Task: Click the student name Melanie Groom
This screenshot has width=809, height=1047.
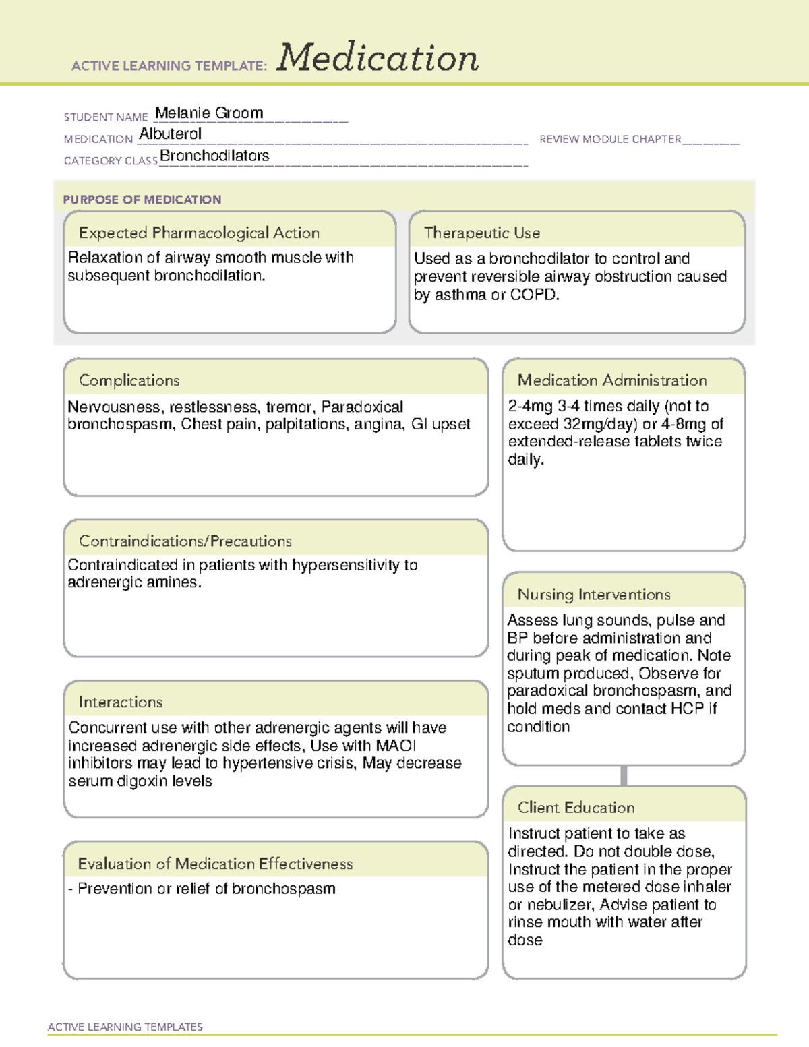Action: pyautogui.click(x=209, y=113)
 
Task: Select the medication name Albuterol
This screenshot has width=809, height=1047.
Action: pyautogui.click(x=170, y=134)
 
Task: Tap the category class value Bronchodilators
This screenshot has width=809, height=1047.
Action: pyautogui.click(x=214, y=156)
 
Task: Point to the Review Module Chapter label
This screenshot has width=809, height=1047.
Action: pyautogui.click(x=610, y=139)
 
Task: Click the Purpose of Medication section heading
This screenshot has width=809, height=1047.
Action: pyautogui.click(x=142, y=200)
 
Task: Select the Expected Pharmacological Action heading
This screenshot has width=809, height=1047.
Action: pyautogui.click(x=199, y=233)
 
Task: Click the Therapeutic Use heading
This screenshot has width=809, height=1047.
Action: pyautogui.click(x=481, y=233)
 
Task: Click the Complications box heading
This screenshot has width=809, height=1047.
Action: pyautogui.click(x=129, y=380)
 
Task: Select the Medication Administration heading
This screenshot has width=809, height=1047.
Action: pyautogui.click(x=611, y=380)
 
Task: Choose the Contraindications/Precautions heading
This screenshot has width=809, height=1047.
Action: pyautogui.click(x=185, y=541)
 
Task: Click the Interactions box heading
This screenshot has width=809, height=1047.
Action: pyautogui.click(x=120, y=702)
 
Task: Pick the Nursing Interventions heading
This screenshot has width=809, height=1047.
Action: pyautogui.click(x=593, y=594)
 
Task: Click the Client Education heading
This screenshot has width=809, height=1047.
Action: pyautogui.click(x=576, y=808)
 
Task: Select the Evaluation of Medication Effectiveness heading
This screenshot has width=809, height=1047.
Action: pyautogui.click(x=214, y=864)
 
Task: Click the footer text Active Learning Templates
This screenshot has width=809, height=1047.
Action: pyautogui.click(x=125, y=1027)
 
